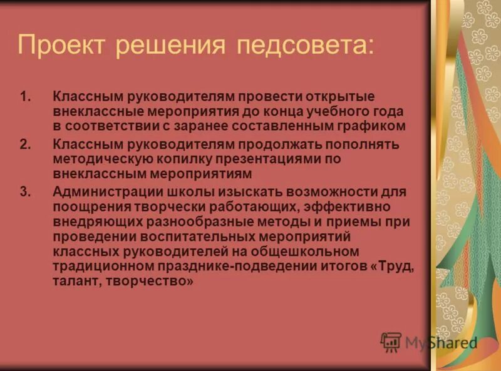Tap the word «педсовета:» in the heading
(x=305, y=45)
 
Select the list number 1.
(x=24, y=98)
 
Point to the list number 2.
(x=24, y=144)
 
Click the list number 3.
(x=24, y=191)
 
